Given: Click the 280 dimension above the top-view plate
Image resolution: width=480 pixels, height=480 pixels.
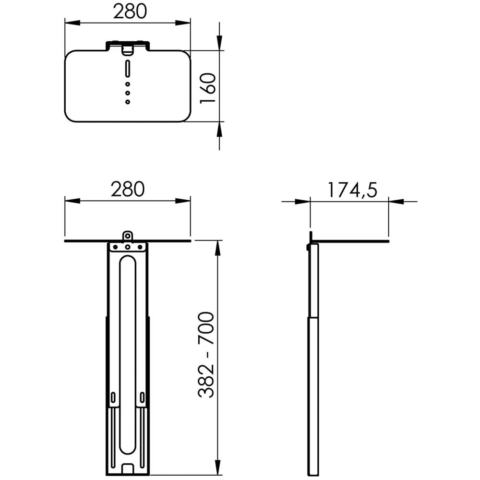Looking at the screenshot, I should click(x=130, y=12).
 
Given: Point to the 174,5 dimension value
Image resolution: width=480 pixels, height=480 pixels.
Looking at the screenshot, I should click(x=352, y=190).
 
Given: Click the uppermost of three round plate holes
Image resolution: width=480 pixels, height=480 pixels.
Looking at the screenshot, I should click(x=128, y=84).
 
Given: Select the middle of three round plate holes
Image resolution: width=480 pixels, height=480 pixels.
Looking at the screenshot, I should click(x=128, y=92).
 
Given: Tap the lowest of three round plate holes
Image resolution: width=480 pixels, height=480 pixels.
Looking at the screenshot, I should click(x=128, y=101).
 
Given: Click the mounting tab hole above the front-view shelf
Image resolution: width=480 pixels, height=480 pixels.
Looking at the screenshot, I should click(x=128, y=235).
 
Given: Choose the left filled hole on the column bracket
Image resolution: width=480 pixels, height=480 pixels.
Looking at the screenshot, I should click(x=115, y=247).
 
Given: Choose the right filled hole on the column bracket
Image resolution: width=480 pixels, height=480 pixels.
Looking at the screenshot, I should click(x=140, y=247).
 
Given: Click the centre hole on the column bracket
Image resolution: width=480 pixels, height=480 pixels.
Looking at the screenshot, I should click(x=128, y=248).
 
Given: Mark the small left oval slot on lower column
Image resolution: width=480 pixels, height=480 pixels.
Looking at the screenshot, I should click(x=113, y=398).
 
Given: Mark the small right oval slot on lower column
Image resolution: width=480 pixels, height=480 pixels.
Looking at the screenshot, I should click(x=143, y=398).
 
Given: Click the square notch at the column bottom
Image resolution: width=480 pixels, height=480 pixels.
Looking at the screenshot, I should click(x=128, y=468).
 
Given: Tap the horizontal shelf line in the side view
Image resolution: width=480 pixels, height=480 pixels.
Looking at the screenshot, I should click(x=350, y=241).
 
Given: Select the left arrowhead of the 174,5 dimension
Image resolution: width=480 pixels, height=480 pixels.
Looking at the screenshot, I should click(x=303, y=202).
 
